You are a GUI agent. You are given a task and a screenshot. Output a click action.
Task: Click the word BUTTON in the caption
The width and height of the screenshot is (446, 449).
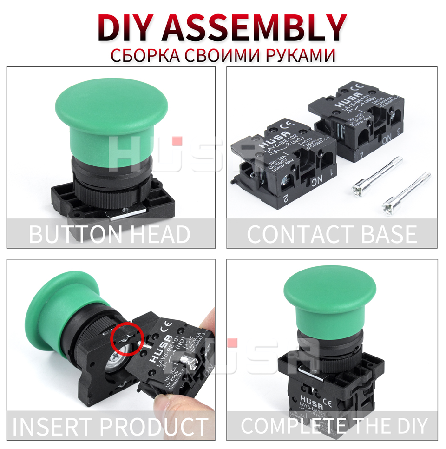pyautogui.click(x=74, y=234)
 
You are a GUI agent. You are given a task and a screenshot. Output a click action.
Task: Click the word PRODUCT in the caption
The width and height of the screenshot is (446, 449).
pyautogui.click(x=153, y=426)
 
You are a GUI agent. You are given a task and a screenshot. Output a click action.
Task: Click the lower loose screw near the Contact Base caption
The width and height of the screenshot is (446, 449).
pyautogui.click(x=404, y=195)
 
